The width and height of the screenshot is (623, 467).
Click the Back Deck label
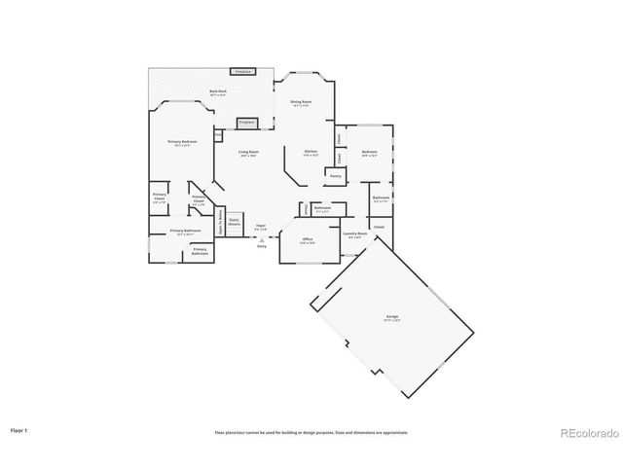click(x=217, y=93)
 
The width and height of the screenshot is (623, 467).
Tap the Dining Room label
click(x=301, y=102)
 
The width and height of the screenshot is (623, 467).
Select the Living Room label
click(x=248, y=153)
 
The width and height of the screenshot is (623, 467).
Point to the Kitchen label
click(x=311, y=153)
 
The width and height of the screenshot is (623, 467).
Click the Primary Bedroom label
click(x=182, y=142)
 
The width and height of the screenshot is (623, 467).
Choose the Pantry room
click(x=335, y=176)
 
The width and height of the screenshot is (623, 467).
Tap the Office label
click(x=307, y=239)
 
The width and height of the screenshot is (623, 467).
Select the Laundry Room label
click(x=354, y=234)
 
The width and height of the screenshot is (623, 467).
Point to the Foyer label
click(x=261, y=227)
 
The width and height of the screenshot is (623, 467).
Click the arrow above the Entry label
click(x=261, y=239)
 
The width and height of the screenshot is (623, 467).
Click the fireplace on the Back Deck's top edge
click(x=243, y=72)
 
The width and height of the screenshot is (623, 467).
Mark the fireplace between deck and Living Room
click(x=247, y=123)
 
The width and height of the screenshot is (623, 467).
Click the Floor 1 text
click(x=19, y=429)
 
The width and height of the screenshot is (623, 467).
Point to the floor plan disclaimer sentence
click(x=311, y=432)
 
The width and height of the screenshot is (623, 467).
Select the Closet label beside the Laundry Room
click(x=379, y=227)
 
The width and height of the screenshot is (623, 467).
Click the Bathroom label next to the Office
click(x=322, y=208)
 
